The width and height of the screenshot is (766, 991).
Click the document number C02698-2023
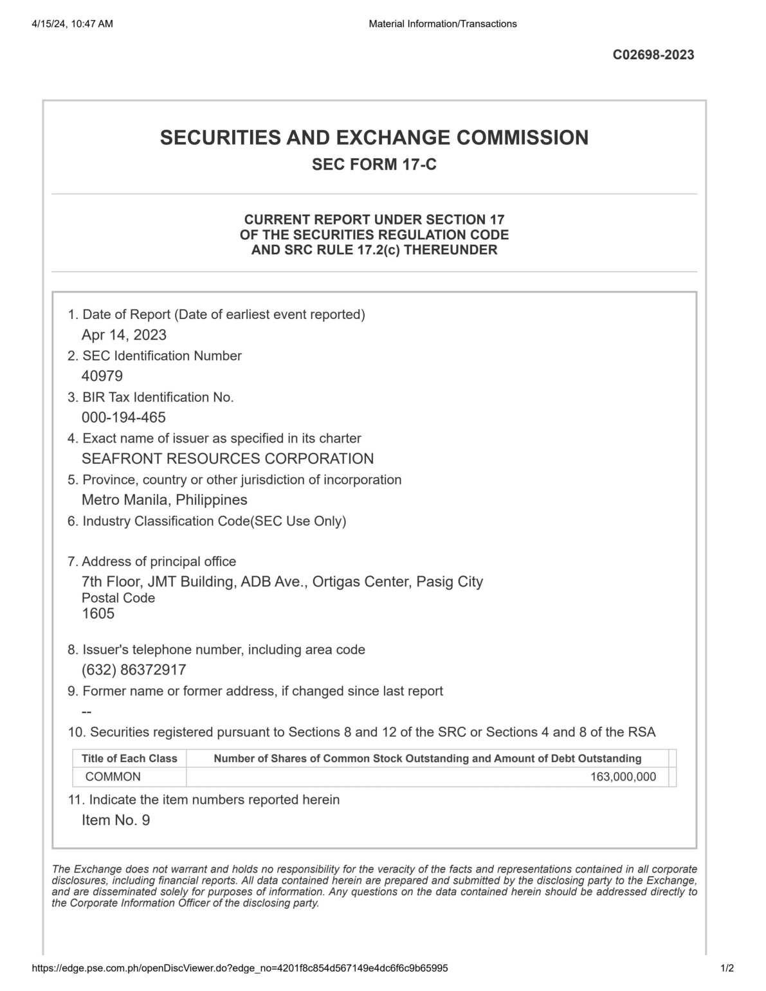pyautogui.click(x=653, y=55)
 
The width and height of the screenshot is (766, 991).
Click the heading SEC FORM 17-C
pyautogui.click(x=374, y=165)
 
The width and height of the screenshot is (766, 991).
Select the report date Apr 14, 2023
pyautogui.click(x=124, y=335)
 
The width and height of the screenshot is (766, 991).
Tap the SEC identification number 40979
pyautogui.click(x=102, y=376)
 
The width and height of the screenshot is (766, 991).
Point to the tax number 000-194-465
pyautogui.click(x=123, y=417)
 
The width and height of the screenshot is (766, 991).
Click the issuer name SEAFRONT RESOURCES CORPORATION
pyautogui.click(x=228, y=459)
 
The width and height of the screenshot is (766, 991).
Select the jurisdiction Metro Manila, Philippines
pyautogui.click(x=164, y=500)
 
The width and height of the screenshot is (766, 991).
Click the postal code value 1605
pyautogui.click(x=98, y=614)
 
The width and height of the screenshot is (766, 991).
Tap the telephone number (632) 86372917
pyautogui.click(x=134, y=669)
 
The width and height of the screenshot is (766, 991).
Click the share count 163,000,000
pyautogui.click(x=623, y=777)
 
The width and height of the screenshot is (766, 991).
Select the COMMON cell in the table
pyautogui.click(x=113, y=777)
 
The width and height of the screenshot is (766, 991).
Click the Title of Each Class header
pyautogui.click(x=129, y=759)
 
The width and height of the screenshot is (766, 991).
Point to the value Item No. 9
pyautogui.click(x=116, y=820)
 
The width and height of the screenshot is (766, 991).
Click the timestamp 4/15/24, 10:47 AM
pyautogui.click(x=71, y=24)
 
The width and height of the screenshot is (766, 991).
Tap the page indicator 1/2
pyautogui.click(x=727, y=968)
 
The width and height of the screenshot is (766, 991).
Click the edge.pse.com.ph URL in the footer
pyautogui.click(x=239, y=968)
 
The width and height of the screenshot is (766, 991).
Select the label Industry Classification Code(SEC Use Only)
pyautogui.click(x=214, y=521)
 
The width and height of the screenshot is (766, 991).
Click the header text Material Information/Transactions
pyautogui.click(x=442, y=24)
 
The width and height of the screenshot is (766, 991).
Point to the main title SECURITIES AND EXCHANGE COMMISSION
pyautogui.click(x=374, y=138)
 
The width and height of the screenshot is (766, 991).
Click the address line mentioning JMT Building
pyautogui.click(x=282, y=582)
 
